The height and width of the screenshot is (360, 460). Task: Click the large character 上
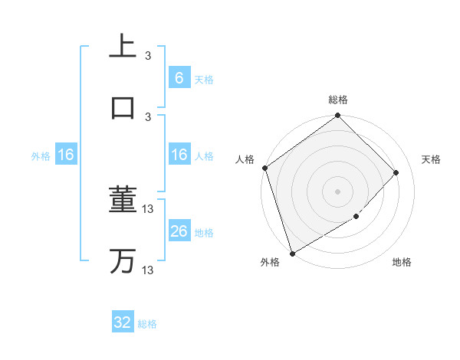click(x=123, y=46)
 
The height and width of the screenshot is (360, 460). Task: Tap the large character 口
click(x=123, y=106)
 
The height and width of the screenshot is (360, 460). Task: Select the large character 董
click(x=123, y=201)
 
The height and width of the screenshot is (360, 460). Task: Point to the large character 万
click(x=123, y=261)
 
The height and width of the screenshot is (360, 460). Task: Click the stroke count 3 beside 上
click(x=148, y=56)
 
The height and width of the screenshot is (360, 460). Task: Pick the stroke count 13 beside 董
click(x=149, y=209)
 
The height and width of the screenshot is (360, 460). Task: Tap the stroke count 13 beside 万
click(x=149, y=270)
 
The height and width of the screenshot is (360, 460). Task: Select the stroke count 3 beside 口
click(x=148, y=116)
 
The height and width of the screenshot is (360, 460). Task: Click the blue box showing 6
click(x=179, y=78)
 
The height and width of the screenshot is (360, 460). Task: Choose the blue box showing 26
click(x=179, y=231)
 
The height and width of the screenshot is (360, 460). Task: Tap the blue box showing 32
click(x=123, y=322)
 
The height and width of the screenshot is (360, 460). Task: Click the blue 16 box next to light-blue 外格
click(x=66, y=155)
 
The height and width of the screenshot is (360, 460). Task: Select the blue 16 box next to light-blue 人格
click(x=179, y=155)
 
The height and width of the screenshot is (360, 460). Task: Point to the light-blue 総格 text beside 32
click(x=147, y=324)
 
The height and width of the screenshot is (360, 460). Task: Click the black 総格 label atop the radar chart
click(x=338, y=100)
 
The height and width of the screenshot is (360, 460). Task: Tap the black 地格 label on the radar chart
click(x=402, y=263)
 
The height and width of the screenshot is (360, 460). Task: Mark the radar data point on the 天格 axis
click(x=396, y=172)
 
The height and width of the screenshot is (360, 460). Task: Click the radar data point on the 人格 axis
click(x=264, y=168)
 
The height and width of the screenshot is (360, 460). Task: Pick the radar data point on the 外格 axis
click(x=292, y=254)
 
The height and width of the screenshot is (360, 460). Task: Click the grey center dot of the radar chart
click(x=338, y=191)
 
